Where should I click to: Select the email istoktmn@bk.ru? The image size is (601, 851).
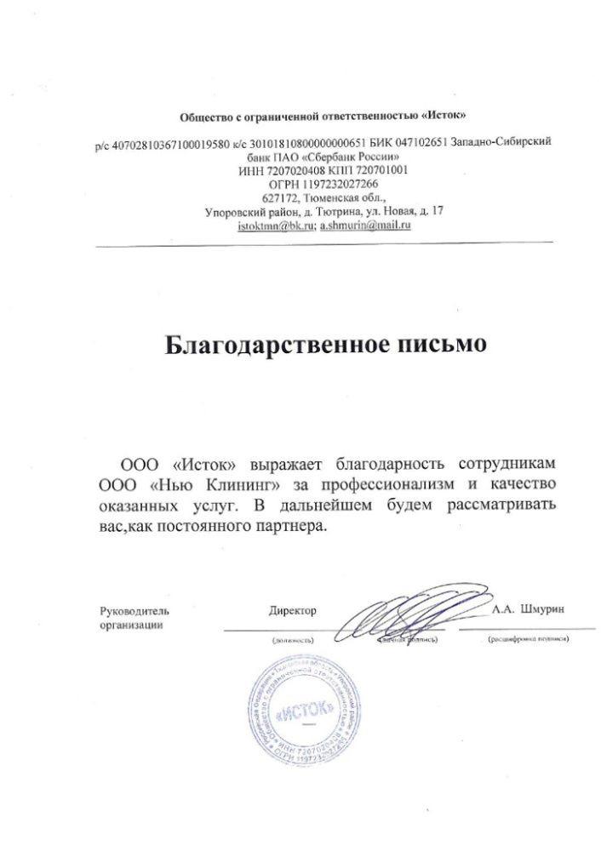276,226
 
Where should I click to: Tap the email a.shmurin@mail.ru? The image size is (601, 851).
365,226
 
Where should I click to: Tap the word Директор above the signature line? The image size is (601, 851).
292,611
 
